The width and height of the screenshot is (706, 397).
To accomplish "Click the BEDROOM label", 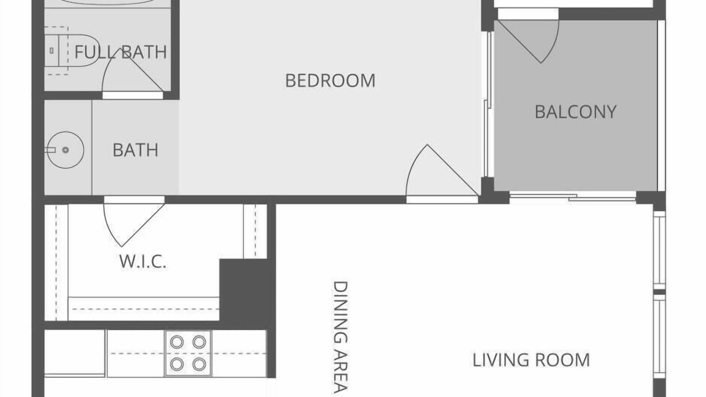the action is pyautogui.click(x=330, y=81).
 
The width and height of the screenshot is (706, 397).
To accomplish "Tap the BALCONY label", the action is pyautogui.click(x=575, y=112).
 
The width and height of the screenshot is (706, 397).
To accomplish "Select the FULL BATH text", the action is pyautogui.click(x=121, y=52).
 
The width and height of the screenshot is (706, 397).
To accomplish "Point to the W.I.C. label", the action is pyautogui.click(x=142, y=261).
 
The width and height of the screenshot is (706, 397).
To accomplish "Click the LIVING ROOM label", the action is pyautogui.click(x=531, y=360).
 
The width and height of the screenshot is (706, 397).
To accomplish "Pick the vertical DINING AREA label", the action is pyautogui.click(x=340, y=337).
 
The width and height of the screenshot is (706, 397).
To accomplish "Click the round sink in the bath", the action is pyautogui.click(x=66, y=150).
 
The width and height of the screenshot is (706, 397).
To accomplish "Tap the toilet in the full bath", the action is pyautogui.click(x=72, y=50).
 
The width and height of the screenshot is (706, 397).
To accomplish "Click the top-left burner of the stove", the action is pyautogui.click(x=176, y=342).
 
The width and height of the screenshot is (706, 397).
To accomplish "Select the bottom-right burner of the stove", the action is pyautogui.click(x=199, y=364).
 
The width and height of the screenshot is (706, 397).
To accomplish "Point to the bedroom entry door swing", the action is pyautogui.click(x=413, y=164).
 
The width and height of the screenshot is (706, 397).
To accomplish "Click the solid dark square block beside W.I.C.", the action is pyautogui.click(x=243, y=290).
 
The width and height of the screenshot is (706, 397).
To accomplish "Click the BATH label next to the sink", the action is pyautogui.click(x=136, y=150).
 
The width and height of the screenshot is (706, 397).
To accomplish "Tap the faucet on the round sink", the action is pyautogui.click(x=50, y=150).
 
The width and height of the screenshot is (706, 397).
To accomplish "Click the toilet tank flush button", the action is pyautogui.click(x=51, y=50).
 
